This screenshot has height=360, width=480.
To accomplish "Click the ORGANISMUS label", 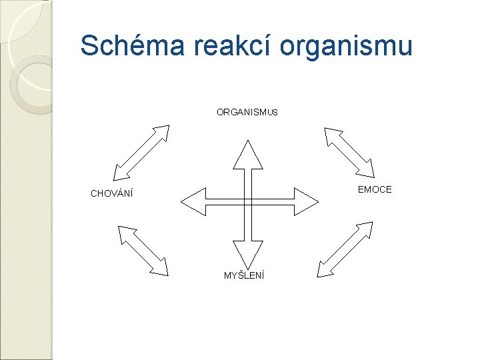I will tap(247, 113).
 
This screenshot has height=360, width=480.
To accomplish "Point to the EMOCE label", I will tap(375, 190).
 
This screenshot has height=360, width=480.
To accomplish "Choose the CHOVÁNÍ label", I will tap(112, 195).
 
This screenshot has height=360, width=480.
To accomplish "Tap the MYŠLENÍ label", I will tap(244, 275).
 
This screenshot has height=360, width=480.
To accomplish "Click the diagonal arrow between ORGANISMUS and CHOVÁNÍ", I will tap(142, 153).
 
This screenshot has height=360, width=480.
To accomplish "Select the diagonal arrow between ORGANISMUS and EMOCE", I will tap(349, 151).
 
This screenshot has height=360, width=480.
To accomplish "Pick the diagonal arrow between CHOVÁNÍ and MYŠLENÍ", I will tap(143, 250).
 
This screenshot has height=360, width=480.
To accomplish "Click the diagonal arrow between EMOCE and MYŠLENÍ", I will tap(345, 249).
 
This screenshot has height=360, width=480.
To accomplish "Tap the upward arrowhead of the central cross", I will tap(247, 155).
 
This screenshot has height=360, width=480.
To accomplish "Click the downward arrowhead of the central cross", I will tap(247, 253).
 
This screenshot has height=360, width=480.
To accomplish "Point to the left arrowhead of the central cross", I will tap(194, 201).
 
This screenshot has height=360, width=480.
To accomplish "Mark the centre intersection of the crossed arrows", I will tap(247, 201).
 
